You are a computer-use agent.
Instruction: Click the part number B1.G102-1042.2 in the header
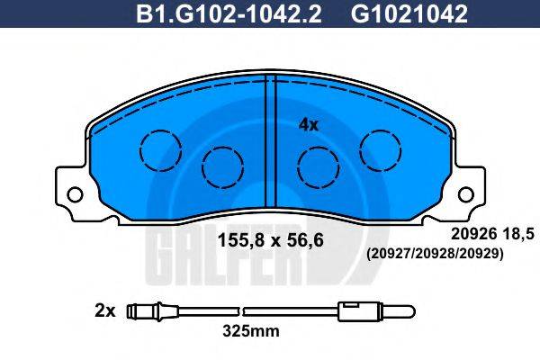pyautogui.click(x=229, y=13)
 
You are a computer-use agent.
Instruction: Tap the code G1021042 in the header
pyautogui.click(x=409, y=13)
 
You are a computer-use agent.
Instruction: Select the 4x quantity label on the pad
pyautogui.click(x=309, y=125)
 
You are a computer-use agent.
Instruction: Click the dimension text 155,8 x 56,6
pyautogui.click(x=271, y=240)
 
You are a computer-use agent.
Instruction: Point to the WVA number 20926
pyautogui.click(x=474, y=235)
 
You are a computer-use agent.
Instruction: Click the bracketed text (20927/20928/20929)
pyautogui.click(x=435, y=254)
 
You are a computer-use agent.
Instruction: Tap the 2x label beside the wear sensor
pyautogui.click(x=104, y=311)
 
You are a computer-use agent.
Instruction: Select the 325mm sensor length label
pyautogui.click(x=251, y=331)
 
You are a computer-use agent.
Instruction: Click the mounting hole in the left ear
pyautogui.click(x=75, y=194)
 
